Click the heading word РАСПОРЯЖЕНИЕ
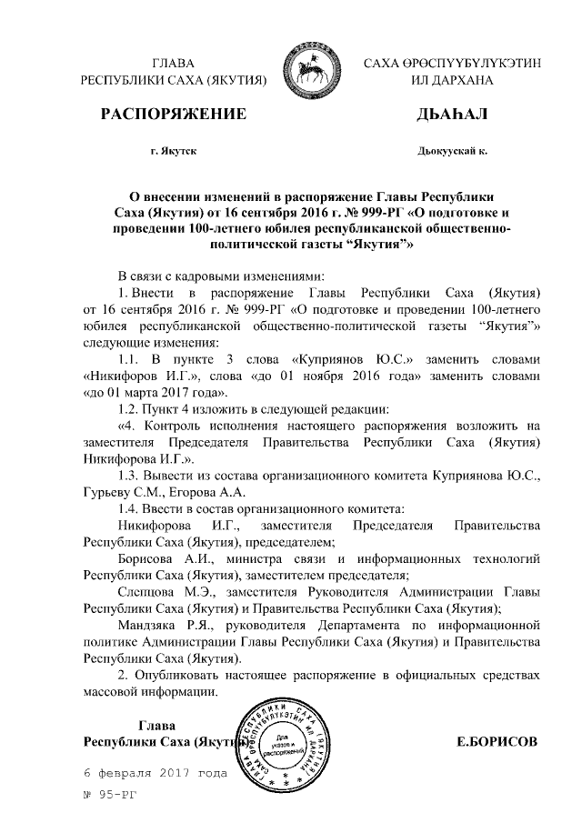(174, 115)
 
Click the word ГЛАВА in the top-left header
(174, 63)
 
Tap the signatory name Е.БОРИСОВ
(497, 741)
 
